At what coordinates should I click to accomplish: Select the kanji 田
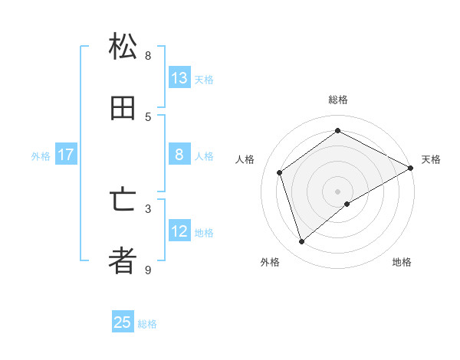(123, 109)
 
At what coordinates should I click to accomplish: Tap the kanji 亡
(123, 200)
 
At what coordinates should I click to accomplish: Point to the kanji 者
(123, 262)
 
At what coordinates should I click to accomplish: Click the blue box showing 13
(179, 78)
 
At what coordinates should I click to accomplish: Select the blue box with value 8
(179, 155)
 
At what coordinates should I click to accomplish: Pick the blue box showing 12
(179, 231)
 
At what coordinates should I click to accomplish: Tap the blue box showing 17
(66, 155)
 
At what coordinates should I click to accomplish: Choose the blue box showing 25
(123, 322)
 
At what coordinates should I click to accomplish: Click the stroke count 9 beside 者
(148, 270)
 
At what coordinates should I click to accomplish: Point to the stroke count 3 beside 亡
(148, 208)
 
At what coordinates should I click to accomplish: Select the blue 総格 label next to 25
(147, 324)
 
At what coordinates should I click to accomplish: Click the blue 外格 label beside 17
(41, 156)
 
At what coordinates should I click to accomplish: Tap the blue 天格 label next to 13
(203, 80)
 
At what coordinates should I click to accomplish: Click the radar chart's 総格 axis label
(338, 100)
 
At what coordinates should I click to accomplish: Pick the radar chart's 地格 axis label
(402, 262)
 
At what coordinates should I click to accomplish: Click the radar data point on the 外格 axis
(301, 242)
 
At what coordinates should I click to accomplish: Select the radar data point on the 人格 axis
(280, 172)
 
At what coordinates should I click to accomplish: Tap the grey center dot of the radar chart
(338, 191)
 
